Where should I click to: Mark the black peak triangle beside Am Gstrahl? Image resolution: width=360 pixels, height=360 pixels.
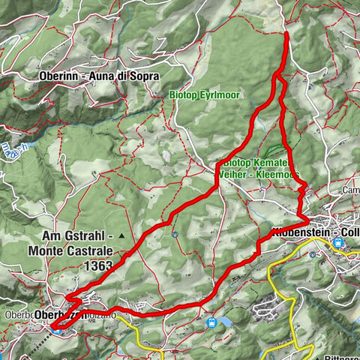(x=120, y=235)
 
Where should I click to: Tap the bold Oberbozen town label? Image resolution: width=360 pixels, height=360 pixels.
(x=56, y=316)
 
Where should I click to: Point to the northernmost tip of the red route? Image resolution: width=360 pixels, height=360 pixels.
(x=287, y=34)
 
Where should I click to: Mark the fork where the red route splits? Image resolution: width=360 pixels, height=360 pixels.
(x=278, y=75)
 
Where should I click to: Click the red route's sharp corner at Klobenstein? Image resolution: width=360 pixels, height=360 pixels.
(x=308, y=220)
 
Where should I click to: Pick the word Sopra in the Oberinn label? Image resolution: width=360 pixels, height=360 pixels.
(x=143, y=76)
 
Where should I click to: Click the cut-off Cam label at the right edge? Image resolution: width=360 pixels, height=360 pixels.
(x=350, y=190)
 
